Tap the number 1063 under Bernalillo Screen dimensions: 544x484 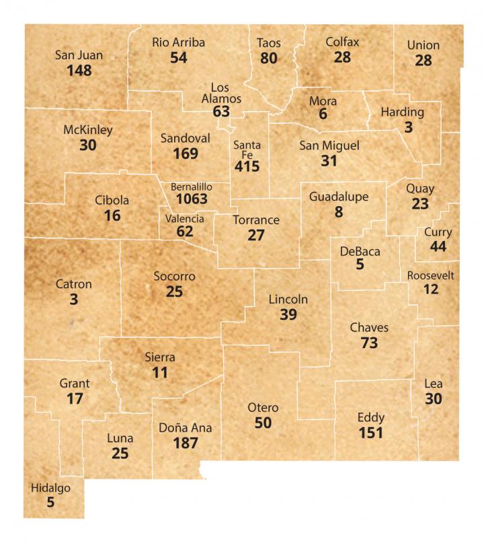click(x=192, y=199)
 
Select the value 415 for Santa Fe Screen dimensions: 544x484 click(x=247, y=166)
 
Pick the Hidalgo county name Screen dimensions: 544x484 click(x=50, y=488)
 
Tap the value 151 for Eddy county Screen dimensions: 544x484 click(x=371, y=432)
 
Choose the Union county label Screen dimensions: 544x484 click(x=424, y=46)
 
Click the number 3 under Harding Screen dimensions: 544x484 click(x=408, y=127)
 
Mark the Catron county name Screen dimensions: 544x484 click(x=73, y=284)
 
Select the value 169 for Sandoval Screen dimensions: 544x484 click(x=185, y=154)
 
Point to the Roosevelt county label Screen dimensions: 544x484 click(x=431, y=276)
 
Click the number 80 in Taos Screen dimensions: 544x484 click(x=269, y=58)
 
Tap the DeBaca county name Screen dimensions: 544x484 click(x=360, y=252)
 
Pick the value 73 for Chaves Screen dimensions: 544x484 click(x=369, y=343)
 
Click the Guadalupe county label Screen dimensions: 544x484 click(x=339, y=197)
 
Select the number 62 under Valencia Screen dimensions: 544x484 click(x=185, y=232)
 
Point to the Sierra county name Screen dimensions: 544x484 click(x=160, y=357)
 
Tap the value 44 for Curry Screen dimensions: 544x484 click(x=438, y=246)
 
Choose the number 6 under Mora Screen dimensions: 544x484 click(x=323, y=115)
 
